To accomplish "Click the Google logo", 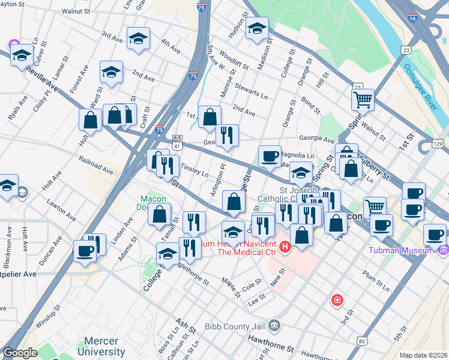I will pos(20,353).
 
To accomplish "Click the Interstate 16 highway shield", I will pos(412,19).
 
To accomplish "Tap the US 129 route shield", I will pos(438,144).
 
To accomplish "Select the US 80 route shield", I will pos(361,341).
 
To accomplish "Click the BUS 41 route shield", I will pos(177,142).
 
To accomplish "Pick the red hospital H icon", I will pos(285,245).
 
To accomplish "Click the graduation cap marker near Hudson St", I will pos(257,28).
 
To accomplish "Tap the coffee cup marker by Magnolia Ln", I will pos(270,156).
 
